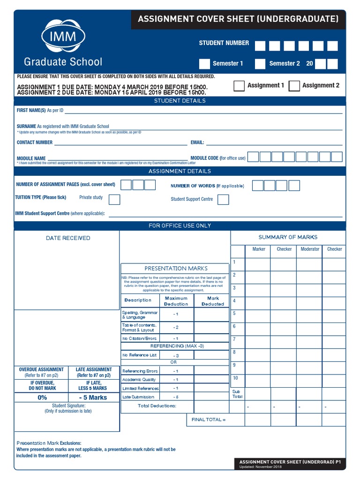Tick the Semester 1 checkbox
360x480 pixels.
[204, 64]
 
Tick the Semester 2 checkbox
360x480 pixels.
[260, 64]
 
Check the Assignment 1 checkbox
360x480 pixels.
[239, 86]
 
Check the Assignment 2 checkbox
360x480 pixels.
[294, 86]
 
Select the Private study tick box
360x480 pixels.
[114, 200]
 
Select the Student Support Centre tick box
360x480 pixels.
[224, 200]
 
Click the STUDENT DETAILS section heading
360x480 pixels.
[180, 101]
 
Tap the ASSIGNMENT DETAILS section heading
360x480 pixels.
[180, 172]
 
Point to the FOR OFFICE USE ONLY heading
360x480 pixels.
[180, 226]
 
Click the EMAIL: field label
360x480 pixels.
[197, 142]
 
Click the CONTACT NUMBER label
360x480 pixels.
[35, 142]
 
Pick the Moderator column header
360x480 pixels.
[310, 249]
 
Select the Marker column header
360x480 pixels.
[259, 249]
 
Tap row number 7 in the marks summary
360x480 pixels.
[234, 339]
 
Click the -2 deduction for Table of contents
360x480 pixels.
[176, 327]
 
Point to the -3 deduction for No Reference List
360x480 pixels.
[176, 355]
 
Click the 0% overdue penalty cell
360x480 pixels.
[42, 397]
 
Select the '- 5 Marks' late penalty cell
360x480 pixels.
[93, 397]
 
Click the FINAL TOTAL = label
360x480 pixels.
[209, 420]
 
